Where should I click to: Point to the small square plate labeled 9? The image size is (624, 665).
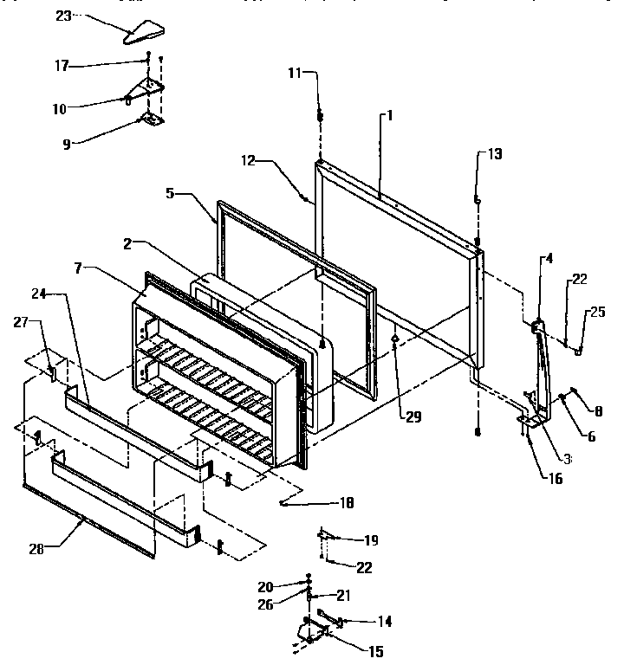pos(151,121)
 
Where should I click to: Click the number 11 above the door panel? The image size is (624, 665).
pos(295,74)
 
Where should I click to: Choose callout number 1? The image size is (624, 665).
pos(390,115)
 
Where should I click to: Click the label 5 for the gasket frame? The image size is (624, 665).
pos(171,195)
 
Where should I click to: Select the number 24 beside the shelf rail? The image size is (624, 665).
pos(52,294)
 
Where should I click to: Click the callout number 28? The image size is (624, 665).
pos(36,546)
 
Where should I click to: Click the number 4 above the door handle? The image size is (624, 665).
pos(548,257)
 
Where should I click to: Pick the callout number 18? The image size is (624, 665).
pos(346,502)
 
